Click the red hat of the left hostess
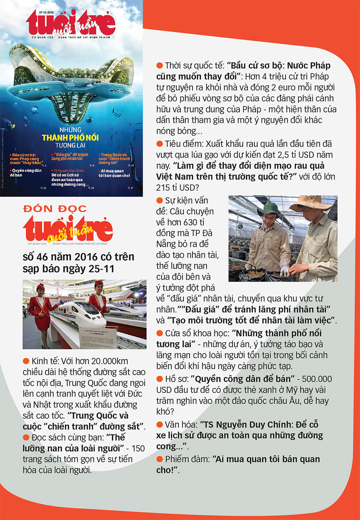point(41,287)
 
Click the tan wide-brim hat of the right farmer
point(311,202)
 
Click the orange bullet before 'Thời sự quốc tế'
point(159,66)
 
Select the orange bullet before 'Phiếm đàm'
point(159,459)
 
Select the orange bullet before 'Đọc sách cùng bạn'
point(26,437)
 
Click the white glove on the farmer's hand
point(284,271)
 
